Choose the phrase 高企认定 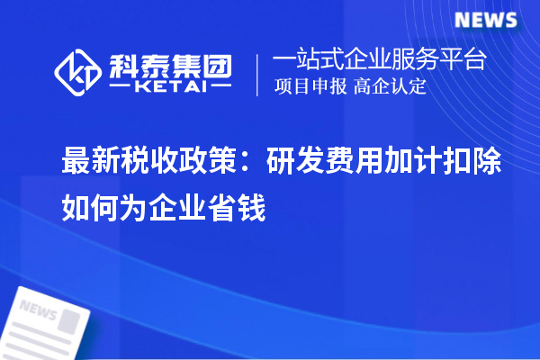(391, 86)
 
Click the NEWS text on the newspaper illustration (39, 309)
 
